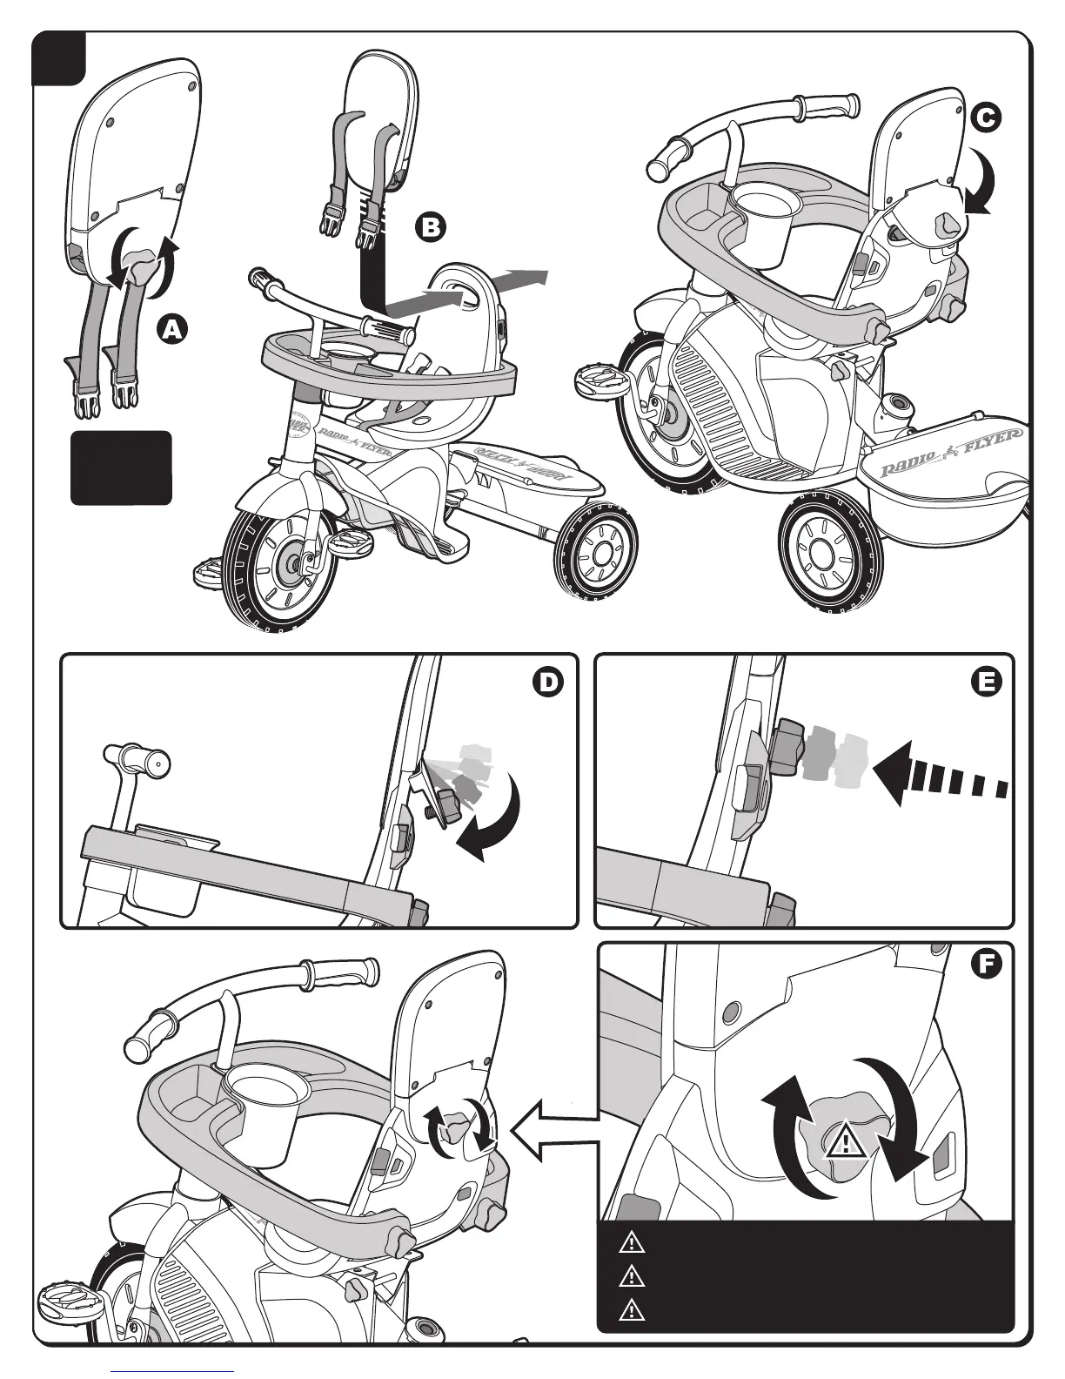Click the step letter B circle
coord(431,227)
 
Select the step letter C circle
coord(986,120)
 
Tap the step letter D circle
coord(548,683)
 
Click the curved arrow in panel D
coord(496,818)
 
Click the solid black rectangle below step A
coord(121,468)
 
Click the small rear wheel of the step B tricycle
coord(598,551)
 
